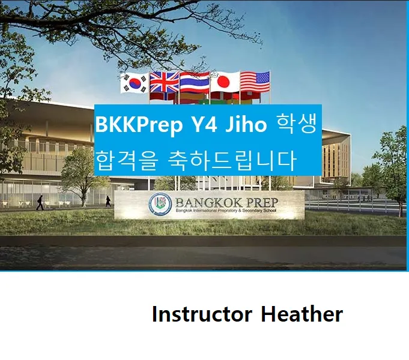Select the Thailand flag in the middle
pyautogui.click(x=195, y=82)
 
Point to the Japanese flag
pyautogui.click(x=225, y=82)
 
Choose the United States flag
pyautogui.click(x=255, y=81)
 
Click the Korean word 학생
pyautogui.click(x=297, y=125)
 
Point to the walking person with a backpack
pyautogui.click(x=40, y=202)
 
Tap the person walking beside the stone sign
pyautogui.click(x=108, y=201)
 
